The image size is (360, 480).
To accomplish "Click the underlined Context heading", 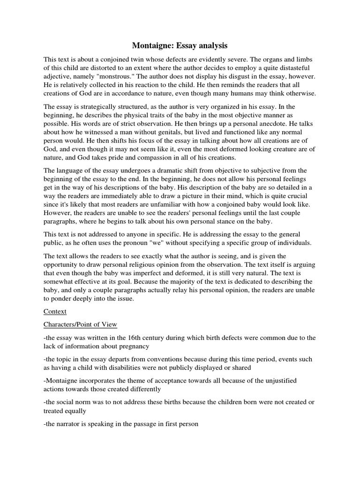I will pos(55,311).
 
